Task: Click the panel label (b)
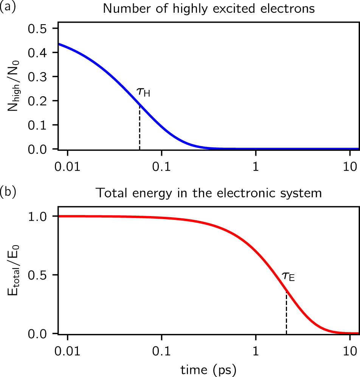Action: click(x=7, y=193)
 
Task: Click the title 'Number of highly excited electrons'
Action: click(x=209, y=8)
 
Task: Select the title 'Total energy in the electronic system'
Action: click(x=209, y=193)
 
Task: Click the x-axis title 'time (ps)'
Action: click(x=209, y=368)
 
